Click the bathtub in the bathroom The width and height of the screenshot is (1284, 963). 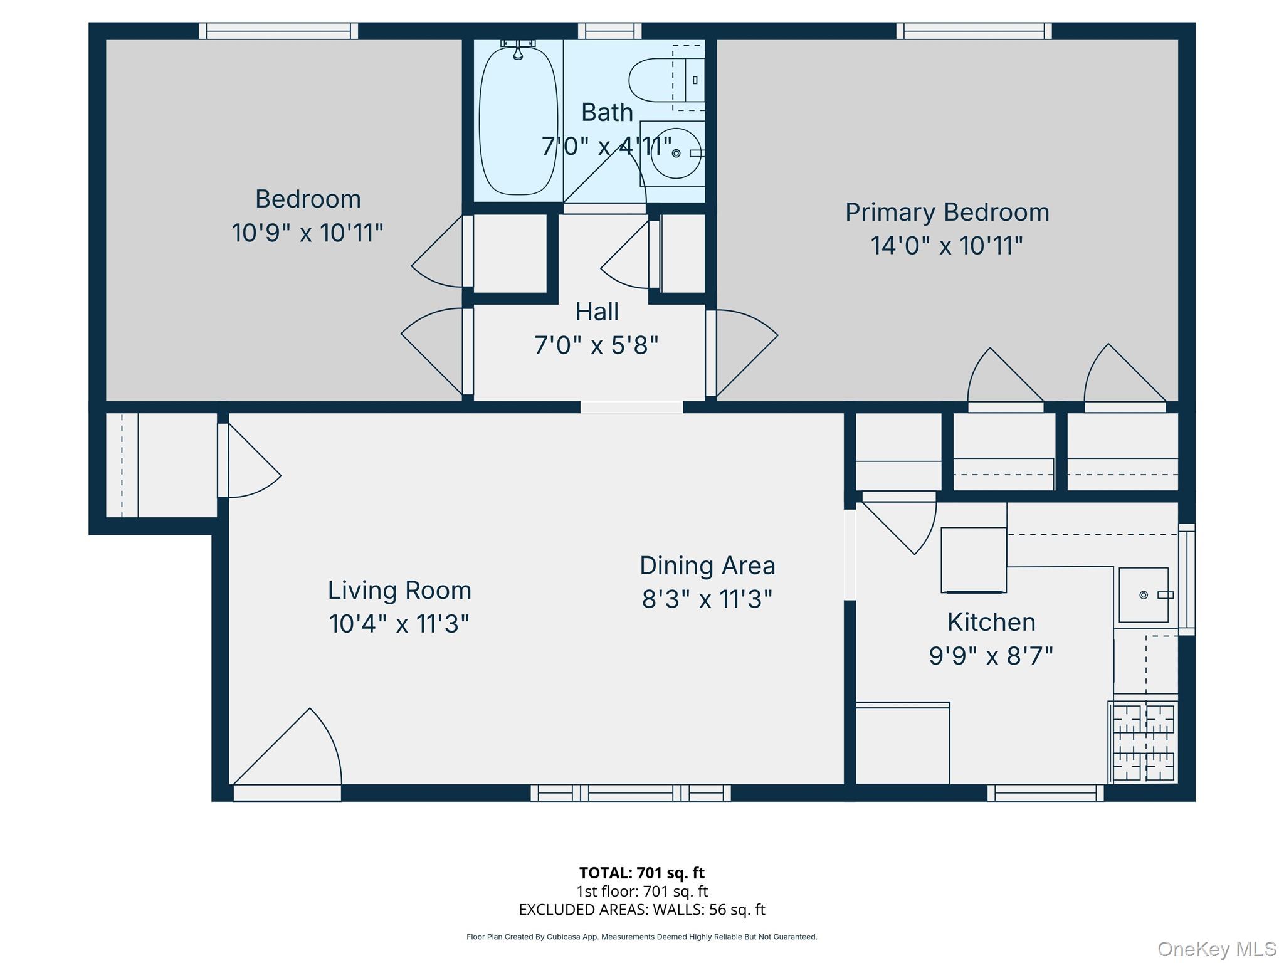pyautogui.click(x=518, y=120)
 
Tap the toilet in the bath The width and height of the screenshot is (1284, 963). pyautogui.click(x=658, y=80)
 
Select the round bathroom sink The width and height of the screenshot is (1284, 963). pyautogui.click(x=676, y=154)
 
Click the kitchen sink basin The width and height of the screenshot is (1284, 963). pyautogui.click(x=1143, y=594)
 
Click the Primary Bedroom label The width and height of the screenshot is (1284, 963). pyautogui.click(x=947, y=212)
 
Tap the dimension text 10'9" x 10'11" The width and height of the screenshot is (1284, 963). pyautogui.click(x=307, y=233)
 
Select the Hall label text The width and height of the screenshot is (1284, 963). pyautogui.click(x=597, y=312)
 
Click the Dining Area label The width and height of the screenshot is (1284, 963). pyautogui.click(x=707, y=566)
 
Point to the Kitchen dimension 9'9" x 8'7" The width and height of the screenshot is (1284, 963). pyautogui.click(x=991, y=656)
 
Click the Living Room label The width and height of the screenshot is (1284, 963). pyautogui.click(x=399, y=590)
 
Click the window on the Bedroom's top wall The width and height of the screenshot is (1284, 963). pyautogui.click(x=278, y=31)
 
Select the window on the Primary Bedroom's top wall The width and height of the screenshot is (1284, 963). pyautogui.click(x=974, y=31)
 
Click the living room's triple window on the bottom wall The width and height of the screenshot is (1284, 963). pyautogui.click(x=630, y=793)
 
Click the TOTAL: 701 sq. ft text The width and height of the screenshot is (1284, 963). pyautogui.click(x=641, y=873)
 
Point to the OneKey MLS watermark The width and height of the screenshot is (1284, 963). pyautogui.click(x=1216, y=949)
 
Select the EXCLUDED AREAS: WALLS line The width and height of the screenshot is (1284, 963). pyautogui.click(x=641, y=909)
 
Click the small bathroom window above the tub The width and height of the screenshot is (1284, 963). pyautogui.click(x=609, y=31)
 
